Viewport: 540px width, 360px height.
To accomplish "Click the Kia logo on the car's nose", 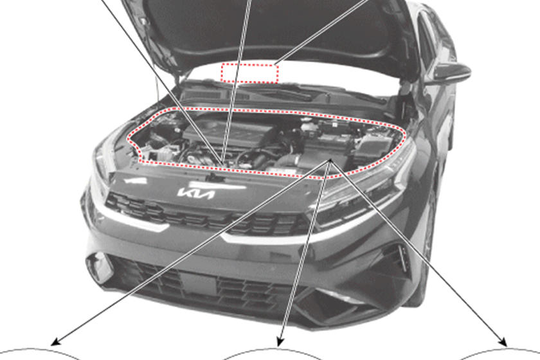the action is [196, 194].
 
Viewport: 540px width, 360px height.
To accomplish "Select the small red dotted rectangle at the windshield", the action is [249, 73].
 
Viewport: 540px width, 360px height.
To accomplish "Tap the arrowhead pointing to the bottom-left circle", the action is [56, 341].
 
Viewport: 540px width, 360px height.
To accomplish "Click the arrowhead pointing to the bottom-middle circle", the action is [280, 341].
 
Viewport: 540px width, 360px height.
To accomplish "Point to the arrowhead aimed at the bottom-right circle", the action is [503, 342].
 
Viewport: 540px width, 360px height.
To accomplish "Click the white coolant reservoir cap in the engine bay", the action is [308, 125].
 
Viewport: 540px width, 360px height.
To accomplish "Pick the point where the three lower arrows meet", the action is [330, 160].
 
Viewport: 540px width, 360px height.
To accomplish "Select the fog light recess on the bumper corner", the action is [100, 267].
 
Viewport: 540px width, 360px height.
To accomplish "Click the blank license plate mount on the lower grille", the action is [199, 283].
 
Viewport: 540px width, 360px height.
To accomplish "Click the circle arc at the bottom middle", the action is [273, 350].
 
